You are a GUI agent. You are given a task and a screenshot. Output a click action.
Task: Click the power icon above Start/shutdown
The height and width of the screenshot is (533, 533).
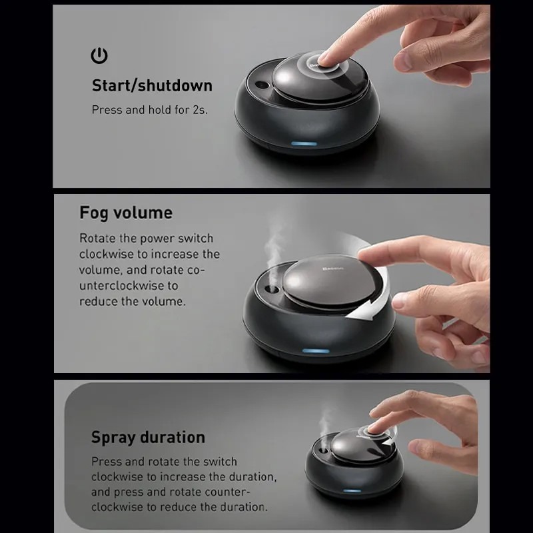[99, 55]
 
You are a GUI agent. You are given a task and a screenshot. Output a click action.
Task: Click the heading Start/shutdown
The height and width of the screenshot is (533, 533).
[152, 85]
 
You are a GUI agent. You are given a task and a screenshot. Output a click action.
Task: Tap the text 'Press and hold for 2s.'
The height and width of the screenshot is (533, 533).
[149, 110]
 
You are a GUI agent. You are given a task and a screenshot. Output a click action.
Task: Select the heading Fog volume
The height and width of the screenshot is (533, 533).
[126, 213]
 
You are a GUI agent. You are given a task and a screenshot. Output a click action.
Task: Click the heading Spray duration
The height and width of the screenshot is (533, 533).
[148, 437]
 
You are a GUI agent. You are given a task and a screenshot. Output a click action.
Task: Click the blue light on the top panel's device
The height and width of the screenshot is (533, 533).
[304, 143]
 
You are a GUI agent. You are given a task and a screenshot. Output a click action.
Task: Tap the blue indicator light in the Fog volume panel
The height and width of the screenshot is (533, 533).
[316, 351]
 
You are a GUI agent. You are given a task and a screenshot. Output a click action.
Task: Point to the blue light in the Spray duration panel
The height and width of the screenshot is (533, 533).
[352, 490]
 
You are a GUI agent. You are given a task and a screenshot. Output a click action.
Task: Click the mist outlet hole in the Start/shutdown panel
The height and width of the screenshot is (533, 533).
[262, 85]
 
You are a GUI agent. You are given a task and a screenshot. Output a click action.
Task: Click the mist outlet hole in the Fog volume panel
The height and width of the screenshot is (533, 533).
[271, 290]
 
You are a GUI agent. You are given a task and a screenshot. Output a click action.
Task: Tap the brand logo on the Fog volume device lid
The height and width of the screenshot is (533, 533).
[332, 269]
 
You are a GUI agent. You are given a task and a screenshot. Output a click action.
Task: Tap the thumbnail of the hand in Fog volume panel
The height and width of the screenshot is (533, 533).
[398, 300]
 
